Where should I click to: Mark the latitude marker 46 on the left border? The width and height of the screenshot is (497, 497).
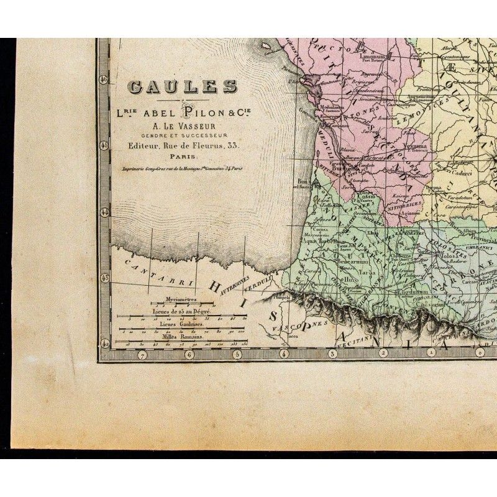point(104,79)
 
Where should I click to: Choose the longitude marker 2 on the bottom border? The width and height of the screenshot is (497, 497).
point(383,353)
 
